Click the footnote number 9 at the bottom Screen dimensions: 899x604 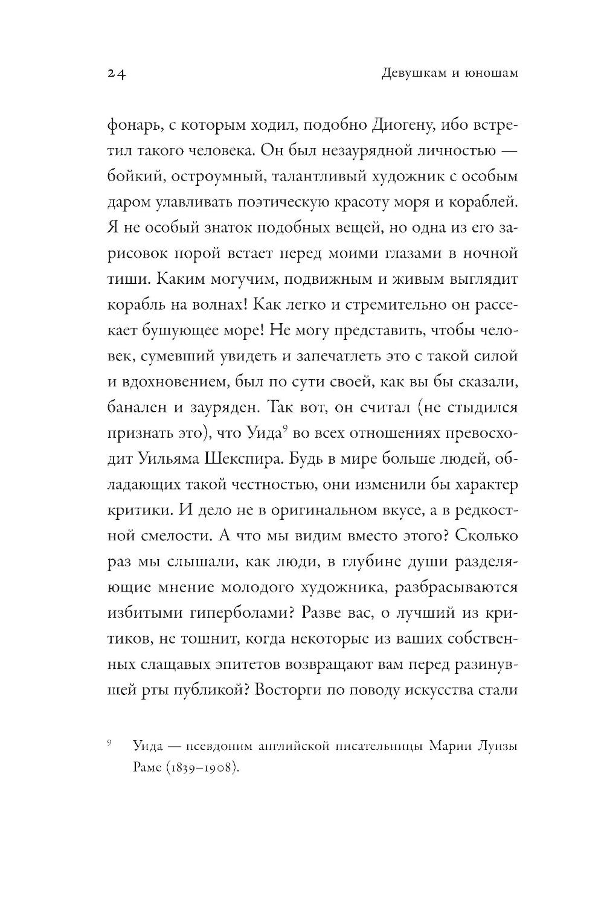click(109, 743)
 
